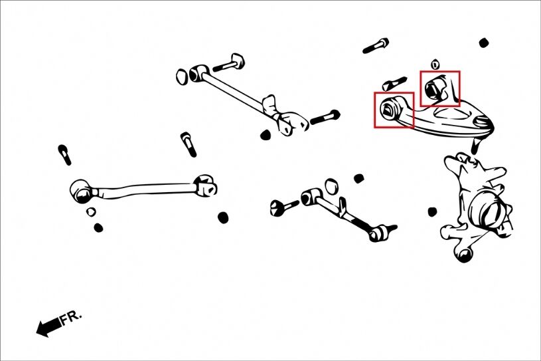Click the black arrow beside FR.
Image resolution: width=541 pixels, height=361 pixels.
click(x=47, y=326)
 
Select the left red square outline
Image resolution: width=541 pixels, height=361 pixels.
click(x=394, y=110)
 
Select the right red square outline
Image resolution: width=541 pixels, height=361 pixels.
click(x=439, y=88)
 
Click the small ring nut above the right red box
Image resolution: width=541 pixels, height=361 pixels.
click(x=435, y=64)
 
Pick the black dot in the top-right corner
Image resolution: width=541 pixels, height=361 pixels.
click(x=484, y=43)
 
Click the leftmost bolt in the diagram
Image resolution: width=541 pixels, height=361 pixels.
click(x=64, y=154)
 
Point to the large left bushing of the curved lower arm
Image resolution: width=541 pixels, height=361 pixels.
click(x=81, y=192)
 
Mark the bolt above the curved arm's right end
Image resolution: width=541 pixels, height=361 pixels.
click(x=188, y=144)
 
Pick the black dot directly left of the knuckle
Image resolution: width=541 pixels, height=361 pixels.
click(x=432, y=212)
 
